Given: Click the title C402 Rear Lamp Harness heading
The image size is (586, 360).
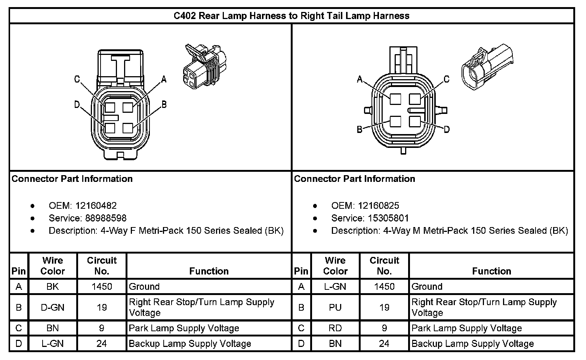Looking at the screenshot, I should click(292, 16).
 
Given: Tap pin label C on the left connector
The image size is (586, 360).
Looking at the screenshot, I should click(77, 79).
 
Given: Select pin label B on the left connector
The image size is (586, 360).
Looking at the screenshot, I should click(164, 105).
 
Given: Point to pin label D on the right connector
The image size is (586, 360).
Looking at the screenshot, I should click(446, 129).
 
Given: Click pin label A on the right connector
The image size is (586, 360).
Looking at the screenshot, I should click(360, 79).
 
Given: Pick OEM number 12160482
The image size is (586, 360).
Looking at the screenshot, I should click(96, 206).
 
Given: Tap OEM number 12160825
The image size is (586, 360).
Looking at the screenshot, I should click(379, 206).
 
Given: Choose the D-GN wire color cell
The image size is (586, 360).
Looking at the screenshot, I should click(53, 307).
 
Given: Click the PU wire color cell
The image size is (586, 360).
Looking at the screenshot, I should click(335, 307).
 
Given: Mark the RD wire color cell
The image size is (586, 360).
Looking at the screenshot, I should click(335, 328).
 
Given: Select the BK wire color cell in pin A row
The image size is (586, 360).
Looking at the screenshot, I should click(53, 287).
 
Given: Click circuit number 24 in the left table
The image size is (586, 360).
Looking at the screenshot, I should click(102, 344).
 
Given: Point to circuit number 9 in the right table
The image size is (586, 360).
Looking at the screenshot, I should click(384, 328).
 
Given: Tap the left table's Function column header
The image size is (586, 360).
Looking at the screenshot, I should click(209, 271).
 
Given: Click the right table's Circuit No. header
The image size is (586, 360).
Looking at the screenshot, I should click(384, 266).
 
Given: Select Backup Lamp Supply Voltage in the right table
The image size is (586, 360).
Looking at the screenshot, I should click(473, 344).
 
